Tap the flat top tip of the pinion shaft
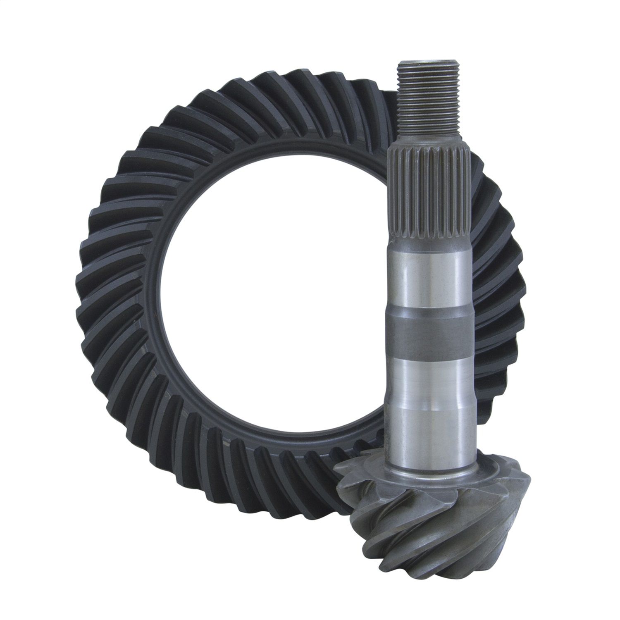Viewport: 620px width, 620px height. click(x=430, y=63)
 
